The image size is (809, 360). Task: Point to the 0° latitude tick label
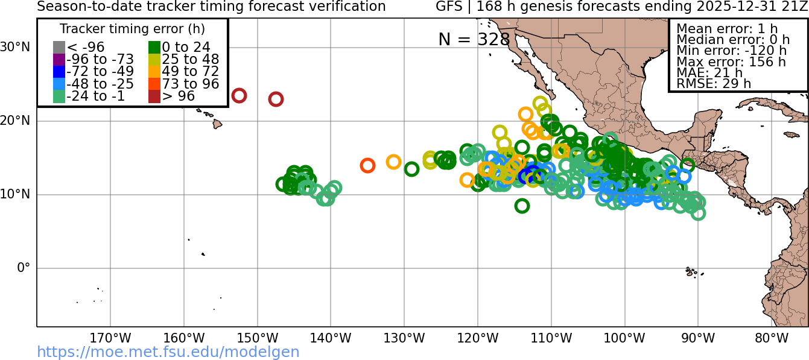tap(23, 268)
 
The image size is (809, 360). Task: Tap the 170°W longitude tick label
tap(110, 338)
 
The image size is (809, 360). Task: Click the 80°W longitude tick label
tap(772, 338)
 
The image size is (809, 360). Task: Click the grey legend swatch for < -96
tap(59, 47)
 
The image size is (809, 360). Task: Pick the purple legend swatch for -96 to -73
tap(59, 59)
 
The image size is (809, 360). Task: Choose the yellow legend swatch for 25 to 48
tap(154, 59)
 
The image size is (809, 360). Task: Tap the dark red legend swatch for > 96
tap(154, 96)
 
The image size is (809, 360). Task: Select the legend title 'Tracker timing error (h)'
tap(132, 29)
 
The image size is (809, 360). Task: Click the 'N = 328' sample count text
tap(474, 39)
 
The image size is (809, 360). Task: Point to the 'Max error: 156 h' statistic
tap(731, 62)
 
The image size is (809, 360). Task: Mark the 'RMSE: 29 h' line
tap(714, 84)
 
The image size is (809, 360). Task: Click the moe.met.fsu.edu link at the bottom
tap(168, 352)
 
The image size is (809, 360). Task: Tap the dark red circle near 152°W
tap(239, 95)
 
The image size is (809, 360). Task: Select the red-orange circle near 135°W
tap(367, 165)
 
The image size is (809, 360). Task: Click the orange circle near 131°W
tap(393, 162)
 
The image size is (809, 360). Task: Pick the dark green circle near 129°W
tap(411, 169)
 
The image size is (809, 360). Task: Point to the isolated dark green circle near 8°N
tap(522, 206)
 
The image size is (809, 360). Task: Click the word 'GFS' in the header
tap(450, 7)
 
